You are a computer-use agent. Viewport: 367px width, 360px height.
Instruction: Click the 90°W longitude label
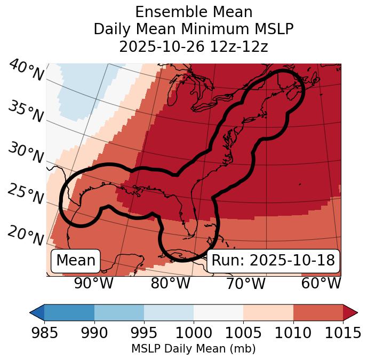click(93, 283)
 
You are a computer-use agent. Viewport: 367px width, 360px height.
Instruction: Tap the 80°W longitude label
click(170, 283)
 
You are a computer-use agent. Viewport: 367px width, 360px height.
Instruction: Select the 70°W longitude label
click(245, 283)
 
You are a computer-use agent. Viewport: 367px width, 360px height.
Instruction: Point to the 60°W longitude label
click(321, 283)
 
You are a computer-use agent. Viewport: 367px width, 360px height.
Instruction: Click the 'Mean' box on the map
click(76, 261)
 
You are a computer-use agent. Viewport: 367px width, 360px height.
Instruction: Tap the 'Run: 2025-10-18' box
click(273, 261)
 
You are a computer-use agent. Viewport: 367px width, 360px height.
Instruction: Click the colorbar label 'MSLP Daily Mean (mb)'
click(193, 349)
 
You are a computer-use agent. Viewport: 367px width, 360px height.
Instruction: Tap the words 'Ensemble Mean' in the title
click(194, 12)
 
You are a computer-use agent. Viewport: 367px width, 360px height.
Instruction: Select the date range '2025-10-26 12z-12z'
click(194, 46)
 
